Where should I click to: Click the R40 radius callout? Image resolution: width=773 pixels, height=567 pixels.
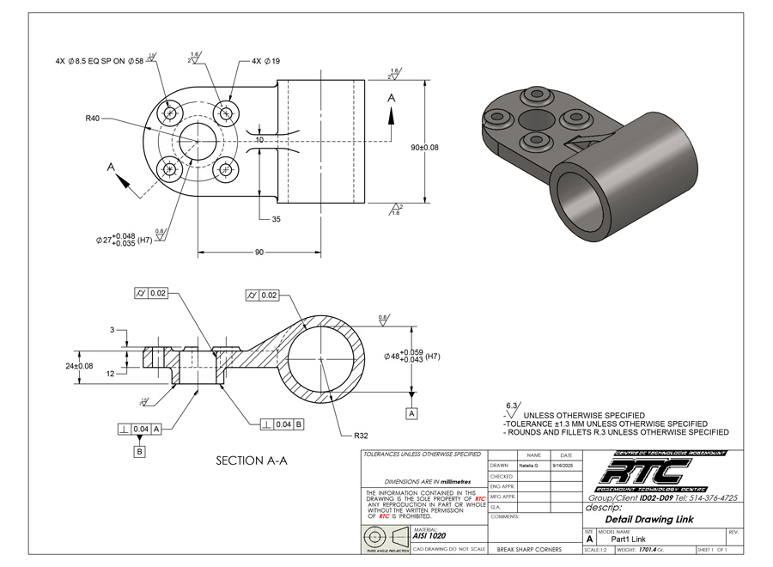[94, 119]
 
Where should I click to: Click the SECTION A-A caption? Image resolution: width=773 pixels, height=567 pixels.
[251, 461]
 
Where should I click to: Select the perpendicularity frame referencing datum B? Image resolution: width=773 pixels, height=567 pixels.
[281, 424]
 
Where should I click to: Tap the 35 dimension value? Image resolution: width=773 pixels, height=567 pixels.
[276, 220]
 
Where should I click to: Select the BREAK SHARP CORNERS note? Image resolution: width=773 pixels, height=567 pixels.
[529, 549]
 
